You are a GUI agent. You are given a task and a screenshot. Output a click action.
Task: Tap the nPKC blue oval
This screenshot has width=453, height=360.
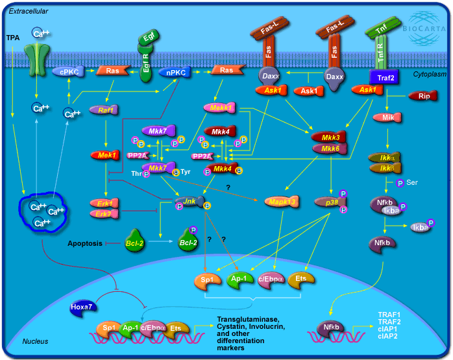pos(175,73)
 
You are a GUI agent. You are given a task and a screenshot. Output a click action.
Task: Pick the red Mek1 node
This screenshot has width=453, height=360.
pos(103,155)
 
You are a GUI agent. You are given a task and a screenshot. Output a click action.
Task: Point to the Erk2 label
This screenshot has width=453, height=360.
pos(102,213)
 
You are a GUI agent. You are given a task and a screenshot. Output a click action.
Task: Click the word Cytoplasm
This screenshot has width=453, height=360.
pos(428,75)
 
